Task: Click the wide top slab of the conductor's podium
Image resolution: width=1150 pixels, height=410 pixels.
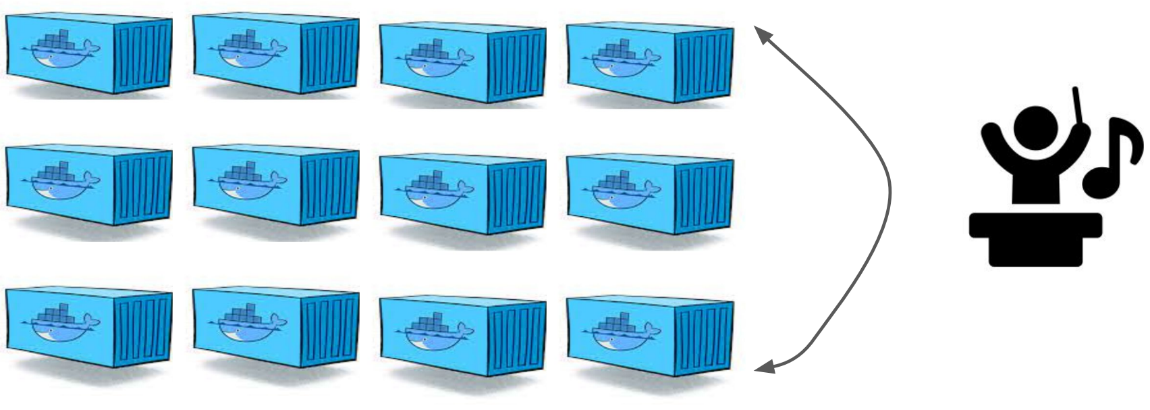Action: point(1035,226)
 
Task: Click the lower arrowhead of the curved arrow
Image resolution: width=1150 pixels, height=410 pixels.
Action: point(763,368)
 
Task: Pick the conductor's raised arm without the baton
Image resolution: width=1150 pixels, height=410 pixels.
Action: point(992,143)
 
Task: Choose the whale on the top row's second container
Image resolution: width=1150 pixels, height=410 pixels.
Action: point(249,51)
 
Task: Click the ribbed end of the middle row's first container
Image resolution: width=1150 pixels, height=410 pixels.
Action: point(142,186)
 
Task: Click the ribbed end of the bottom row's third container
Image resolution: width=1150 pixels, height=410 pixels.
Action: point(518,334)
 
